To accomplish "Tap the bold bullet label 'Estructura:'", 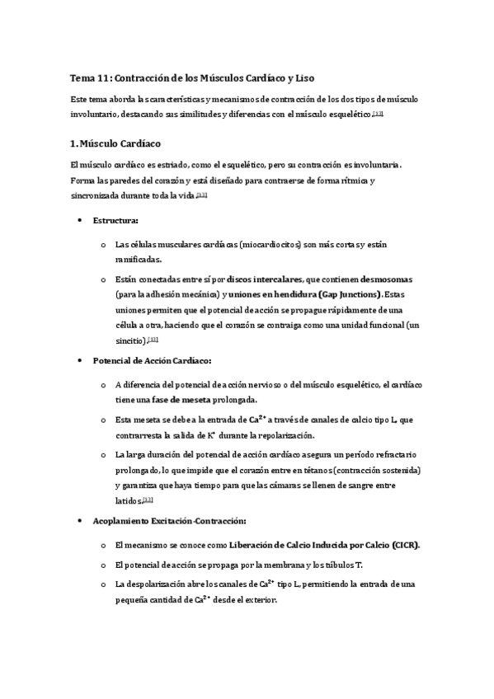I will [115, 221].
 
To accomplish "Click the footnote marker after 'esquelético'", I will [379, 114].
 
